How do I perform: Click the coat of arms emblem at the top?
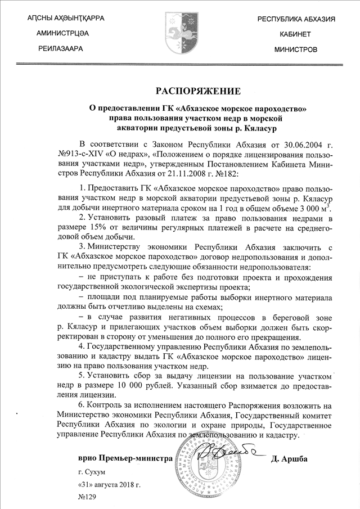point(181,31)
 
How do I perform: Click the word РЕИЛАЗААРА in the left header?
point(60,49)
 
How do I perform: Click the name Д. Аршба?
point(290,459)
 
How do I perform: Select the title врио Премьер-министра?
point(125,459)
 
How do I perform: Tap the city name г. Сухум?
point(92,473)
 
